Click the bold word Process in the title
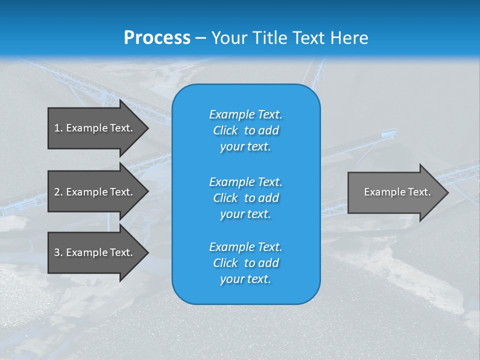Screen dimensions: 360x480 [157, 38]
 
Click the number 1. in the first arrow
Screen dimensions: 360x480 [58, 128]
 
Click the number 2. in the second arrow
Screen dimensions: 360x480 [58, 192]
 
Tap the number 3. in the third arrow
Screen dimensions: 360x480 [58, 252]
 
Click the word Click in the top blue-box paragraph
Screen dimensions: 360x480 [225, 131]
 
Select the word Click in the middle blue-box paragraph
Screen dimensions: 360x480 [225, 198]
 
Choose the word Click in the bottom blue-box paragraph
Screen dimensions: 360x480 [225, 263]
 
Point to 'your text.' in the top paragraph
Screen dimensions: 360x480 [245, 147]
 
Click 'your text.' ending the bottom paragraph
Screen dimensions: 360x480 [245, 279]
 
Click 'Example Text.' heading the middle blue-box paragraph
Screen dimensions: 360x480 [245, 182]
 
